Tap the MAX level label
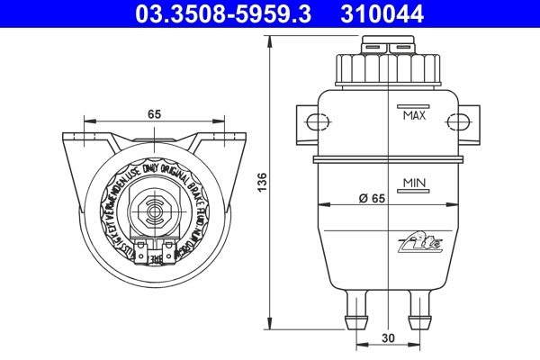pyautogui.click(x=414, y=116)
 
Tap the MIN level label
pyautogui.click(x=414, y=183)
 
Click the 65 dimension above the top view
pyautogui.click(x=154, y=114)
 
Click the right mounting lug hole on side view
pyautogui.click(x=463, y=123)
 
